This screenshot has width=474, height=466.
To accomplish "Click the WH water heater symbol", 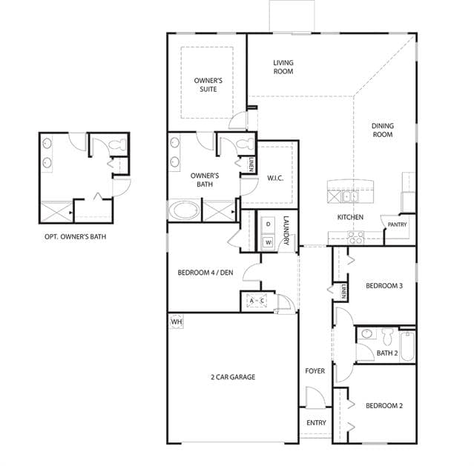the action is coord(177,322).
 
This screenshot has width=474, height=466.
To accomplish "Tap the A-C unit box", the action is coord(257,301).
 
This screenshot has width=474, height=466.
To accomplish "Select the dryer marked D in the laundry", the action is coord(268,224).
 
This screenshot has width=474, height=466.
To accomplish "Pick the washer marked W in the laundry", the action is coord(268,242).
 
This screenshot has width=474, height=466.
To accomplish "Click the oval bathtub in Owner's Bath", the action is coord(184,210).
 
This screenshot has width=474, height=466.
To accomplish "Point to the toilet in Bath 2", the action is coord(387,336).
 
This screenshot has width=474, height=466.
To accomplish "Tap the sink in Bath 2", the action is coord(366,333).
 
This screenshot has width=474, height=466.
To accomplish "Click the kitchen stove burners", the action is coord(355,237).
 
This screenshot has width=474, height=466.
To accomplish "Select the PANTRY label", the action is coord(397,224).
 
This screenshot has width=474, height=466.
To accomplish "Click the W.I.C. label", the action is coord(275,179).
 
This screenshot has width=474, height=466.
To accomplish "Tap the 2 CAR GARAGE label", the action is coord(233,377).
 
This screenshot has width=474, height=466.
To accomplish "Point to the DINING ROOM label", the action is coord(383,130).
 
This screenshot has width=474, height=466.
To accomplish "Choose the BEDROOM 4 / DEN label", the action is coord(205,273).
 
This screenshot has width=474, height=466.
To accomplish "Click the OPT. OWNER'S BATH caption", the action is coord(75,237).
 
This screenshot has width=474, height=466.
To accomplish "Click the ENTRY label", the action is coord(316,423).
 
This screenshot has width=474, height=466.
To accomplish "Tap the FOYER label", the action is coord(315,371).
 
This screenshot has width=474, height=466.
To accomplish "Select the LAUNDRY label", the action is coord(286,230).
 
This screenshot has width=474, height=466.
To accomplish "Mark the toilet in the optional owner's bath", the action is coord(117,144).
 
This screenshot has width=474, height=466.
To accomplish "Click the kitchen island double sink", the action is coord(350,196).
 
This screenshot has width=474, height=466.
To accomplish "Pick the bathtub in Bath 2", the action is coord(407,346).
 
